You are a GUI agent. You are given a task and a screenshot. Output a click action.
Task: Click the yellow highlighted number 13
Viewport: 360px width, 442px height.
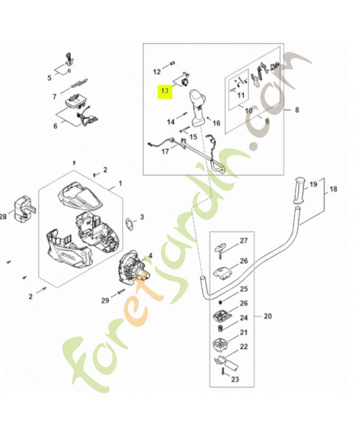pos(163,91)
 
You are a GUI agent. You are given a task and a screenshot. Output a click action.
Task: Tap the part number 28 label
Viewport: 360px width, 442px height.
pos(3,217)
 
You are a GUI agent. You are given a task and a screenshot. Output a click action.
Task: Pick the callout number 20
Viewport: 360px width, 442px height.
pos(268,317)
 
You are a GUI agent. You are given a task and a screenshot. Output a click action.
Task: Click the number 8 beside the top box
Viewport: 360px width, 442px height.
pos(297,110)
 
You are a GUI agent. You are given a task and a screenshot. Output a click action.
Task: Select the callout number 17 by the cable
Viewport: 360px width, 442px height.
pos(165,151)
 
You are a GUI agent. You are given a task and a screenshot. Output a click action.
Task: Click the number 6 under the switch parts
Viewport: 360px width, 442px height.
pos(55,126)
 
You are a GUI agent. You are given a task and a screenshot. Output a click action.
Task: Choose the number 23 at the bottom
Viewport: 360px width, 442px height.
pos(235,380)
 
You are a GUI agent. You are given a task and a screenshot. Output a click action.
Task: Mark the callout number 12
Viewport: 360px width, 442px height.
pos(156,71)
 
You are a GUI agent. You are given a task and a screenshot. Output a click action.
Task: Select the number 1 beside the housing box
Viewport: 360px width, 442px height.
pos(120,183)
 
